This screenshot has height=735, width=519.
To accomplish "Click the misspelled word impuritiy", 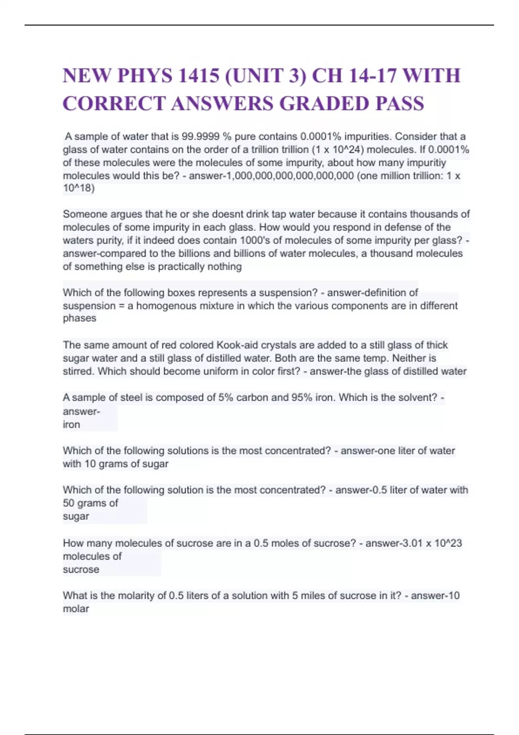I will pos(424,163).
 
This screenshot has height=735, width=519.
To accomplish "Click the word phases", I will pos(80,318).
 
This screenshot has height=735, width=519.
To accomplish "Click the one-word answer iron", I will pos(71,425).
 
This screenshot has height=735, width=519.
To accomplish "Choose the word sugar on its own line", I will pos(76,516).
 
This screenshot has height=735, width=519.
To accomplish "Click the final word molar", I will pos(76,609).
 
